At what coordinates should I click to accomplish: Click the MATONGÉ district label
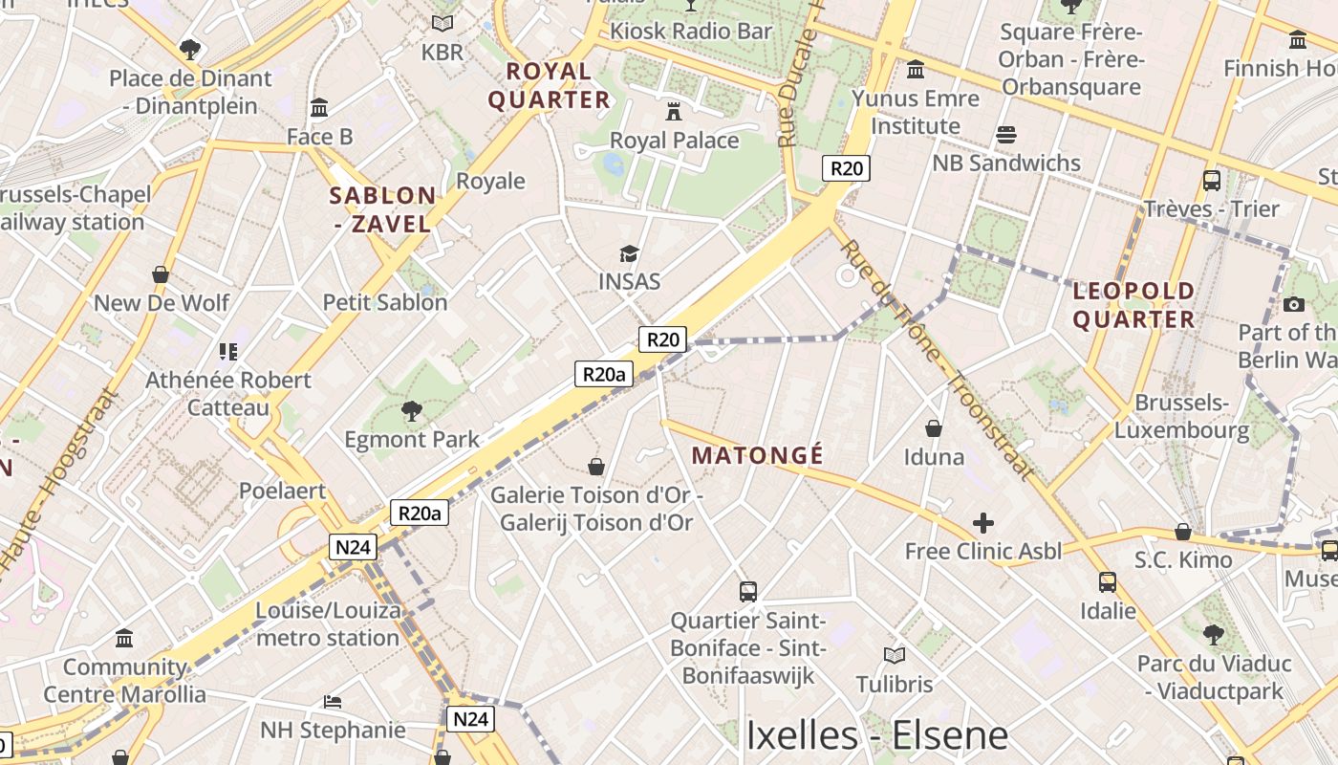point(757,455)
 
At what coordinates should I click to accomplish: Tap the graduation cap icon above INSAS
point(629,253)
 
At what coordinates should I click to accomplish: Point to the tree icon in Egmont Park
point(412,411)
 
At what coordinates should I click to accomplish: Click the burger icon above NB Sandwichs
point(1005,135)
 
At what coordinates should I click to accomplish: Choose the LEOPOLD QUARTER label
point(1133,305)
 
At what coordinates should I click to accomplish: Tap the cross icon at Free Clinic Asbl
point(982,523)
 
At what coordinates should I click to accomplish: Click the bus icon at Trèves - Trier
point(1211,180)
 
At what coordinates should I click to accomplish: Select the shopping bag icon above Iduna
point(933,428)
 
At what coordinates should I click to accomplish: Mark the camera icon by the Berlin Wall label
point(1294,304)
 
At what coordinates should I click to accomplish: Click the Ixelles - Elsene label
point(876,735)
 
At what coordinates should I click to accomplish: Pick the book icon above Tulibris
point(894,656)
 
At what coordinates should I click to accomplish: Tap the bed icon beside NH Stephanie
point(333,702)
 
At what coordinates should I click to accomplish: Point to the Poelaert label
point(282,491)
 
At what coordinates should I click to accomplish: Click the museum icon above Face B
point(319,107)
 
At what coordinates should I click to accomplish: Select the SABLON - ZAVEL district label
point(382,209)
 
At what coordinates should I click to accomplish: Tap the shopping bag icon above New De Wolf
point(161,275)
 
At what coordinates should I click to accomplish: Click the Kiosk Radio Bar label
point(691,31)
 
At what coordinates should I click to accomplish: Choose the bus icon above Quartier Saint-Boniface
point(747,592)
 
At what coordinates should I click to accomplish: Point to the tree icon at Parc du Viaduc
point(1213,633)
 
